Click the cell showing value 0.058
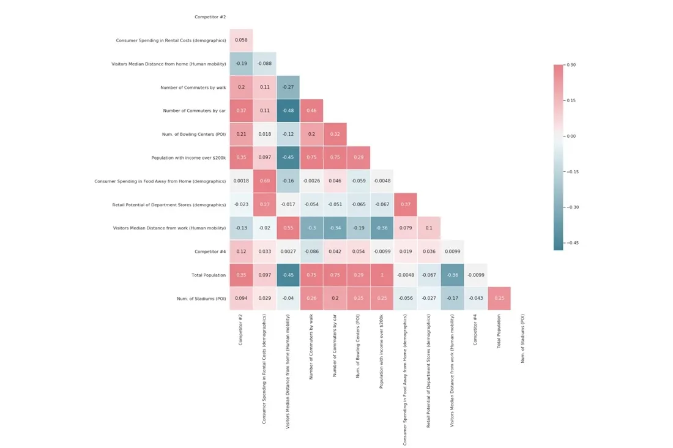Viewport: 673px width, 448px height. point(241,40)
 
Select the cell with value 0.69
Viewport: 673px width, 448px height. point(264,181)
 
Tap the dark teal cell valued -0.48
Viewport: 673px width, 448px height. point(288,111)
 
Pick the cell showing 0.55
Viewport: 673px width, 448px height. point(288,228)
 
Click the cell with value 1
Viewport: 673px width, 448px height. point(382,275)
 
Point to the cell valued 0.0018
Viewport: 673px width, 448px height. point(241,181)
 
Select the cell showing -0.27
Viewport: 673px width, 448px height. point(288,88)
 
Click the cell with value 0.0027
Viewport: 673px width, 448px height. point(288,252)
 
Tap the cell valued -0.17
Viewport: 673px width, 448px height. point(452,299)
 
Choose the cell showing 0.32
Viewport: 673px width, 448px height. point(335,134)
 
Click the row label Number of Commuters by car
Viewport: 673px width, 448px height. point(194,111)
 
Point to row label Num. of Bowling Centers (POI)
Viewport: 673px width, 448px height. point(190,134)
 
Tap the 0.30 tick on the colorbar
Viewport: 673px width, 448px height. point(571,65)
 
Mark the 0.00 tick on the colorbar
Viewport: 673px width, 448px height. point(571,136)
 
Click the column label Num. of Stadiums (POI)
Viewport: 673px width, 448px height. point(522,338)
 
